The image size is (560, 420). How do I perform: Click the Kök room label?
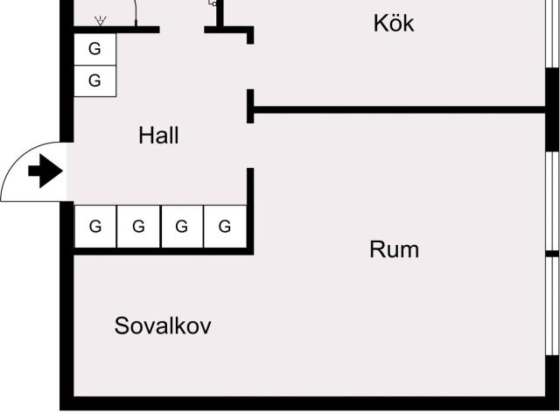pos(394,24)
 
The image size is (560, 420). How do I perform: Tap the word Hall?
pos(158,136)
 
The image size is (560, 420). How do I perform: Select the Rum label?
pos(395,249)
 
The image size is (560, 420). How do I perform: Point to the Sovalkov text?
pos(163,325)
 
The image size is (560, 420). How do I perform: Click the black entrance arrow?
pos(45,171)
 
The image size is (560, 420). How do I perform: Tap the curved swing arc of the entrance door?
pos(21,154)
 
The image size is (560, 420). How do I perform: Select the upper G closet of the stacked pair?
pos(94,49)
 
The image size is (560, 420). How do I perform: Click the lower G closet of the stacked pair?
pos(94,80)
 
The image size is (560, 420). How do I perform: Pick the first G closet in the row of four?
pos(95,227)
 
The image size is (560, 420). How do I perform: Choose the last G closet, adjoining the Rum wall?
pos(225,227)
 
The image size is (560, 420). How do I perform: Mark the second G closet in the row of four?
pos(138,227)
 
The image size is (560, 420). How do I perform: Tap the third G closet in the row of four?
pos(182,227)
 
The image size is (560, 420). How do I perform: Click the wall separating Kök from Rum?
pos(399,109)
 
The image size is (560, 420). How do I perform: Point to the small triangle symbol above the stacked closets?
pos(101,21)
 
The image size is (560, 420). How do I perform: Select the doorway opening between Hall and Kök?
pos(250,66)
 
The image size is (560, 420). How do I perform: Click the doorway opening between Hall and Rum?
pos(250,146)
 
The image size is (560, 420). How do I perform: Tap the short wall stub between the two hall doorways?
pos(250,107)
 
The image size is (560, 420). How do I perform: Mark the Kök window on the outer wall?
pos(552,34)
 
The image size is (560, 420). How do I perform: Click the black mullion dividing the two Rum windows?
pos(552,254)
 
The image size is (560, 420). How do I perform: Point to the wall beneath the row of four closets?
pos(164,251)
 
